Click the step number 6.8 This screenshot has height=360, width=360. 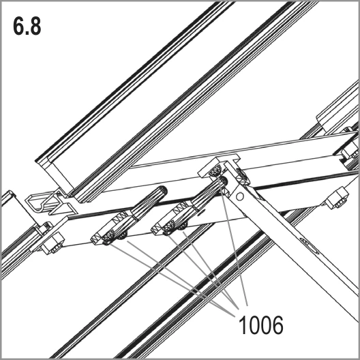pos(27,26)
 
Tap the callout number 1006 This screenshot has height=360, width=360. pos(261,325)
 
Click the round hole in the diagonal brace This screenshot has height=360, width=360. pos(240,196)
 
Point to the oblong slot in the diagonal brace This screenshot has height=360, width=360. pos(310,245)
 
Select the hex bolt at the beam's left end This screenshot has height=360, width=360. pos(54,243)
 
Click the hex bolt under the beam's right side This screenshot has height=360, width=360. pos(337,198)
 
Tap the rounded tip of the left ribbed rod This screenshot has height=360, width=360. pos(163,190)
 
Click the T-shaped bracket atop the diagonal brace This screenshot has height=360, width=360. pos(220,166)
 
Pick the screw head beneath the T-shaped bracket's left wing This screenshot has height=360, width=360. pos(215,171)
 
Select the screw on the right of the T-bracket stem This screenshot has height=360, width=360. pos(243,177)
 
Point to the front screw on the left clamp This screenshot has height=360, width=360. pos(108,238)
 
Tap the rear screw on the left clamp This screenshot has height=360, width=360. pos(123,235)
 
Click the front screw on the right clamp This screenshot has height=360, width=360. pos(169,228)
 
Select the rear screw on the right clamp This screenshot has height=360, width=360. pos(183,226)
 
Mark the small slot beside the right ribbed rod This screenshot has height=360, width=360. pos(202,212)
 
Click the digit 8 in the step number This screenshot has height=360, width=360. pos(35,26)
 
